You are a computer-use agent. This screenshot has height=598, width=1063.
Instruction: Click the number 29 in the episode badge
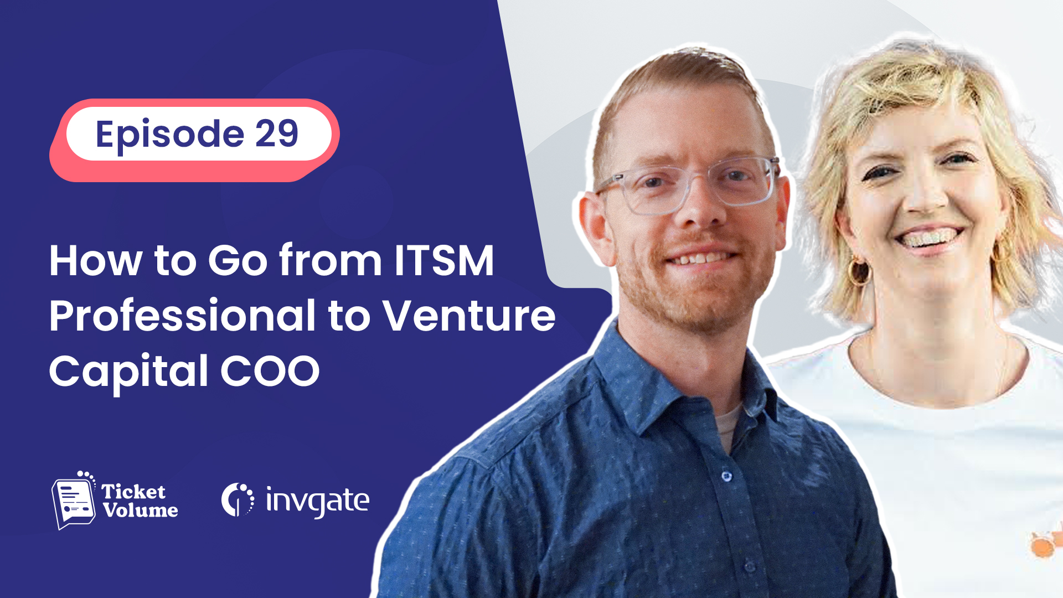pyautogui.click(x=276, y=133)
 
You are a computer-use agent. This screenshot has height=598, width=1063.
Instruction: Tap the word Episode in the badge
pyautogui.click(x=170, y=135)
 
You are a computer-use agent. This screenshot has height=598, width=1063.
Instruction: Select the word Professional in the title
pyautogui.click(x=182, y=315)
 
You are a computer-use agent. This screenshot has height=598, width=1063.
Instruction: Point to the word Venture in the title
pyautogui.click(x=469, y=316)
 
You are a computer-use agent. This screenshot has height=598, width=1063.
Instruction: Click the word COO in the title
pyautogui.click(x=270, y=370)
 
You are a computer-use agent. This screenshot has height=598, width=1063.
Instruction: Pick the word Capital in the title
pyautogui.click(x=129, y=373)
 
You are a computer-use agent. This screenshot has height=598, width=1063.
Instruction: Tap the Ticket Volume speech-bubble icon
pyautogui.click(x=74, y=501)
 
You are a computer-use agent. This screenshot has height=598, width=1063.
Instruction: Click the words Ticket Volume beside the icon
pyautogui.click(x=140, y=501)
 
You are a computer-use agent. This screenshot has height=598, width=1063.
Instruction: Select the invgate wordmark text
pyautogui.click(x=317, y=501)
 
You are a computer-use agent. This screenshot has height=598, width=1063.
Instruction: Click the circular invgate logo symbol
pyautogui.click(x=238, y=499)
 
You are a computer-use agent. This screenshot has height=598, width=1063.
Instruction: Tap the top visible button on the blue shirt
pyautogui.click(x=726, y=476)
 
